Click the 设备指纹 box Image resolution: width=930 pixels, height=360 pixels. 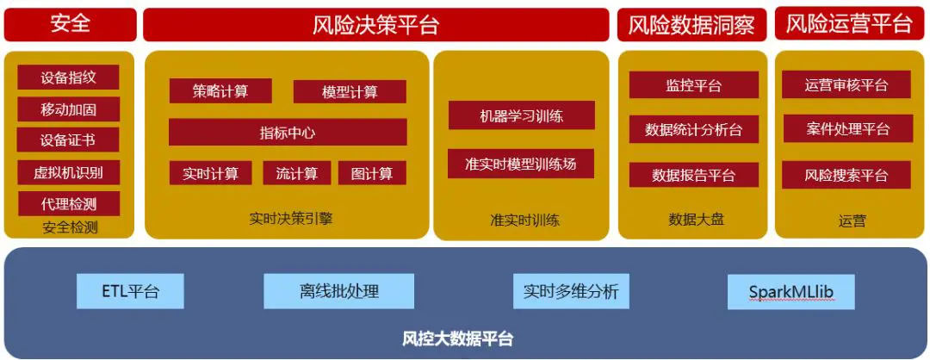tap(68, 78)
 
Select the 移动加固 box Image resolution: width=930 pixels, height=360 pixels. tap(68, 109)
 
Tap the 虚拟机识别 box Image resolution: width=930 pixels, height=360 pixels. tap(68, 172)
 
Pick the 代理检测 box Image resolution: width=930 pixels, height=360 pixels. tap(68, 204)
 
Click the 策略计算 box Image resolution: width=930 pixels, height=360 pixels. tap(220, 91)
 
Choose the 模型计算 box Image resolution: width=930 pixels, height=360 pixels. tap(350, 92)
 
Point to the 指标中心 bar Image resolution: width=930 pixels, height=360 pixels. tap(288, 133)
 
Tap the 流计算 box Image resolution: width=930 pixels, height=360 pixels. tap(296, 173)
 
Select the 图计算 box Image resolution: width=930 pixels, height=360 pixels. tap(372, 173)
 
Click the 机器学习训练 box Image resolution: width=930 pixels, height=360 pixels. tap(521, 115)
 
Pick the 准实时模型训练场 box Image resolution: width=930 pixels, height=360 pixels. tap(521, 164)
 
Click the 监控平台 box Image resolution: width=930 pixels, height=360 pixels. tap(693, 85)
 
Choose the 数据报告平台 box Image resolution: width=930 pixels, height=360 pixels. tap(693, 175)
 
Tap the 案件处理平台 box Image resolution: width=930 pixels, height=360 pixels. tap(846, 129)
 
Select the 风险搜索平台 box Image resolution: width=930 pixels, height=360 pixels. tap(846, 175)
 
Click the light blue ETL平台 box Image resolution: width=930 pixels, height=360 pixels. tap(130, 291)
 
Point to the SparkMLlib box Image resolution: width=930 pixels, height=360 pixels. tap(790, 292)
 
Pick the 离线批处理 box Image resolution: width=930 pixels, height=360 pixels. tap(338, 291)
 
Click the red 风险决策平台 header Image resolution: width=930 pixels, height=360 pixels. tap(375, 25)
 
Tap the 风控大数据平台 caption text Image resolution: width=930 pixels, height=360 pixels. tap(457, 338)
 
